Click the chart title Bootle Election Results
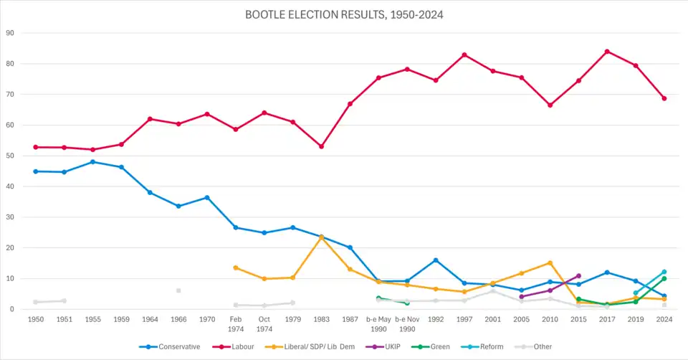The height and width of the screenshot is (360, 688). [x=344, y=14]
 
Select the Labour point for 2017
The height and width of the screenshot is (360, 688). [x=607, y=51]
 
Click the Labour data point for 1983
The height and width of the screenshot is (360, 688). [x=321, y=146]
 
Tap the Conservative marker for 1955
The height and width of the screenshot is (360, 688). [x=92, y=162]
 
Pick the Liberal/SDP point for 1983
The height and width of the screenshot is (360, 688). [x=321, y=237]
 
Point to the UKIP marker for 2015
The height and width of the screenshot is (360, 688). [x=578, y=275]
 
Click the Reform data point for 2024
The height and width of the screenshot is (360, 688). [x=664, y=272]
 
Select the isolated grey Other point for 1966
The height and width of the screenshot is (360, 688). [x=178, y=290]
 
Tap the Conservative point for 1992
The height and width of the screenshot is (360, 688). [x=436, y=260]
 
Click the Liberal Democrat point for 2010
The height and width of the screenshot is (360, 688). [x=550, y=262]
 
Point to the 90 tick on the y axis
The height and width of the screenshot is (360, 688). [x=11, y=33]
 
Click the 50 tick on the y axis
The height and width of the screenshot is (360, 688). [x=11, y=156]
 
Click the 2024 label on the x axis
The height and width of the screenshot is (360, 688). [x=664, y=318]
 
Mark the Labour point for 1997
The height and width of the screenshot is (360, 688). [x=464, y=55]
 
